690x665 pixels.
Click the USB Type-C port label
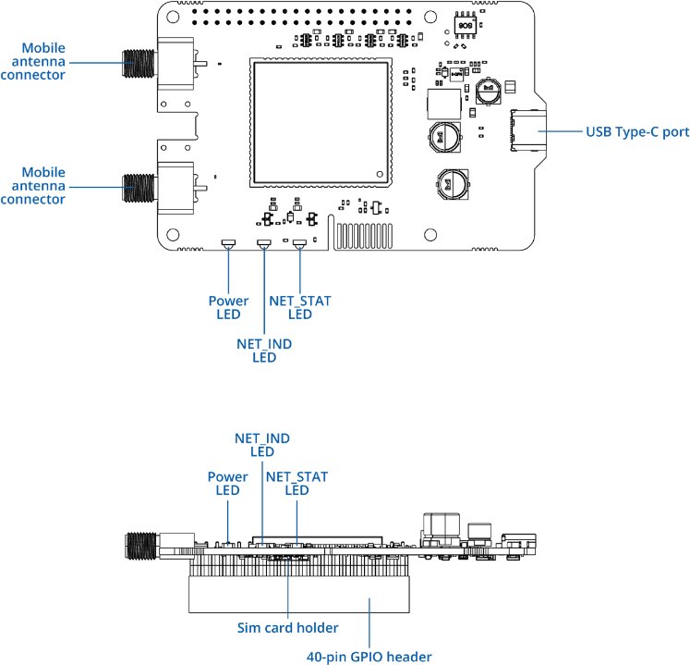637,132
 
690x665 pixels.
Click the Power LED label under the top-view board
228,307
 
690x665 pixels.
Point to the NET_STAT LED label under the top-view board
299,307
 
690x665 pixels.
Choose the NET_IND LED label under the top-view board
264,351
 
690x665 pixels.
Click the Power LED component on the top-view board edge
228,244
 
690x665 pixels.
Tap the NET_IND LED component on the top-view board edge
264,244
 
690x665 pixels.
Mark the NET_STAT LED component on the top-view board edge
299,244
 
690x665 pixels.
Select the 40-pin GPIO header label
369,657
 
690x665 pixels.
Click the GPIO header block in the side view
300,592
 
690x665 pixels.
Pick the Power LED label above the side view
228,484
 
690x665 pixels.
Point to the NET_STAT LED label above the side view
297,484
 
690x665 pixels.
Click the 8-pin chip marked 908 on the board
464,25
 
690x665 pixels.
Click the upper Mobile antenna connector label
43,61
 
